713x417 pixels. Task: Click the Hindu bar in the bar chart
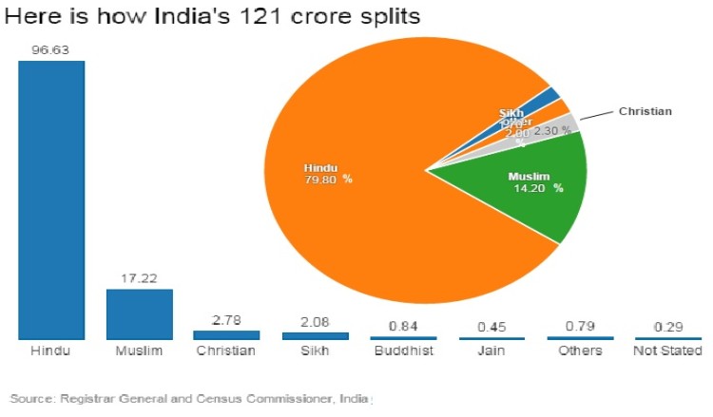pyautogui.click(x=51, y=199)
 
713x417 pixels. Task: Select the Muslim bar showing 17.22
pyautogui.click(x=139, y=313)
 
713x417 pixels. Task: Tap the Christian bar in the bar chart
pyautogui.click(x=226, y=334)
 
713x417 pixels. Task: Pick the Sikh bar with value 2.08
pyautogui.click(x=316, y=335)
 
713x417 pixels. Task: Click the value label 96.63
pyautogui.click(x=51, y=49)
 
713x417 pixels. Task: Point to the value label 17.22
pyautogui.click(x=139, y=278)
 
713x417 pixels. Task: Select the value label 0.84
pyautogui.click(x=403, y=325)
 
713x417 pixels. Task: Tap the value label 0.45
pyautogui.click(x=491, y=326)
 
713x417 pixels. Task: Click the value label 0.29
pyautogui.click(x=668, y=326)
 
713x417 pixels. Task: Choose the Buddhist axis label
pyautogui.click(x=403, y=351)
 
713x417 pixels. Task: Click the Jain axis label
pyautogui.click(x=491, y=351)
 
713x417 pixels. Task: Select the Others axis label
pyautogui.click(x=580, y=351)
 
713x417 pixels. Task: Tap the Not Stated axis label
pyautogui.click(x=668, y=351)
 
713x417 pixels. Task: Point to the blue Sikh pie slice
pyautogui.click(x=549, y=95)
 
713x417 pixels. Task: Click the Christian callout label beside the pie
pyautogui.click(x=645, y=111)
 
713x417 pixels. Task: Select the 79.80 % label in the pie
pyautogui.click(x=328, y=179)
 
